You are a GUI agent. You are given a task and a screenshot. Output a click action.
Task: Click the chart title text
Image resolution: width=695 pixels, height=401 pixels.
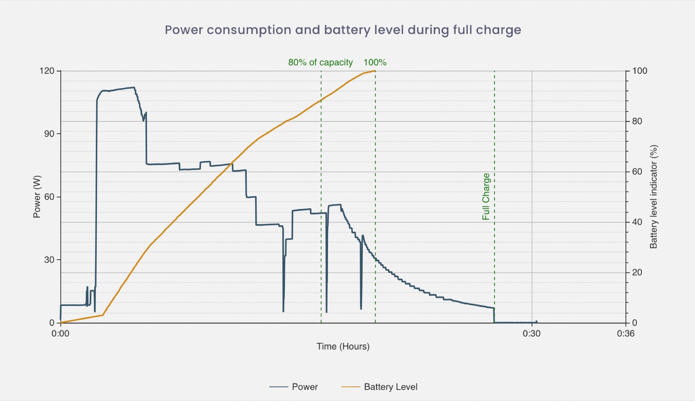pyautogui.click(x=343, y=30)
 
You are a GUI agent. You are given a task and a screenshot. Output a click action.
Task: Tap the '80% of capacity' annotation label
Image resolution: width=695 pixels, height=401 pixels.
pyautogui.click(x=320, y=62)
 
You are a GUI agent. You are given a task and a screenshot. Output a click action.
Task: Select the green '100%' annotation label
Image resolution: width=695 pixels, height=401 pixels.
pyautogui.click(x=375, y=62)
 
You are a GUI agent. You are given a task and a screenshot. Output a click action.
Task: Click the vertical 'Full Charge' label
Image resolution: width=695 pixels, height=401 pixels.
pyautogui.click(x=486, y=197)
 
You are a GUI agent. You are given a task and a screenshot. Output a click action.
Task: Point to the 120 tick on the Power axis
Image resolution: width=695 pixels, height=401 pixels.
pyautogui.click(x=47, y=71)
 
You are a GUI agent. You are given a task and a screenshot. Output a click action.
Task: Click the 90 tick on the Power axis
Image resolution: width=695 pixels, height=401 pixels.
pyautogui.click(x=49, y=134)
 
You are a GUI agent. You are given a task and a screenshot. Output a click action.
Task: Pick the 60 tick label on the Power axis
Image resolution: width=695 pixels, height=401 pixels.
pyautogui.click(x=49, y=197)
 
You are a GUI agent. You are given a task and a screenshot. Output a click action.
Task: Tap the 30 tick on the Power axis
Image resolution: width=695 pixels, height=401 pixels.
pyautogui.click(x=49, y=260)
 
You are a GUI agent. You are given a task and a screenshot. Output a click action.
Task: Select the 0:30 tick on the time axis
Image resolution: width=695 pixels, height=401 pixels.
pyautogui.click(x=531, y=333)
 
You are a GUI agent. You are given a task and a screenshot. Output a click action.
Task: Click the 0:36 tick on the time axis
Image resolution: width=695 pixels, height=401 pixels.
pyautogui.click(x=625, y=333)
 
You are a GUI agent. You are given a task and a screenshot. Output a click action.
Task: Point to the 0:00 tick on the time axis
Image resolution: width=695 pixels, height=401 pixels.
pyautogui.click(x=60, y=333)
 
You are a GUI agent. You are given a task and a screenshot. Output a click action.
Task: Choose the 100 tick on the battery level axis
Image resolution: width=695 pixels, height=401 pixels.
pyautogui.click(x=640, y=71)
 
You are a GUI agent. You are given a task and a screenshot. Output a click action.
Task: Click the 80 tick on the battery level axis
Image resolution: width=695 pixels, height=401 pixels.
pyautogui.click(x=637, y=121)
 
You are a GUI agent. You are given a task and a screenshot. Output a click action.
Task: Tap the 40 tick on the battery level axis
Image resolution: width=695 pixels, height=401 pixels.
pyautogui.click(x=637, y=222)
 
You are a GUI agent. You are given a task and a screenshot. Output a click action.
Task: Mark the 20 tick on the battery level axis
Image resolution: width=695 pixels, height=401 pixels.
pyautogui.click(x=637, y=273)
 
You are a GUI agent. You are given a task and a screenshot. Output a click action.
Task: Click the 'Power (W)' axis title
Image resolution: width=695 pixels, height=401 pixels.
pyautogui.click(x=37, y=197)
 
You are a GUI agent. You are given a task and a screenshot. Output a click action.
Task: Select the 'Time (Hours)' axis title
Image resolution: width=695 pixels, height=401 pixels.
pyautogui.click(x=343, y=346)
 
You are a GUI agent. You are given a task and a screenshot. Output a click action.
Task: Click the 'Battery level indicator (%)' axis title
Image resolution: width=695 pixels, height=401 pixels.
pyautogui.click(x=653, y=197)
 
